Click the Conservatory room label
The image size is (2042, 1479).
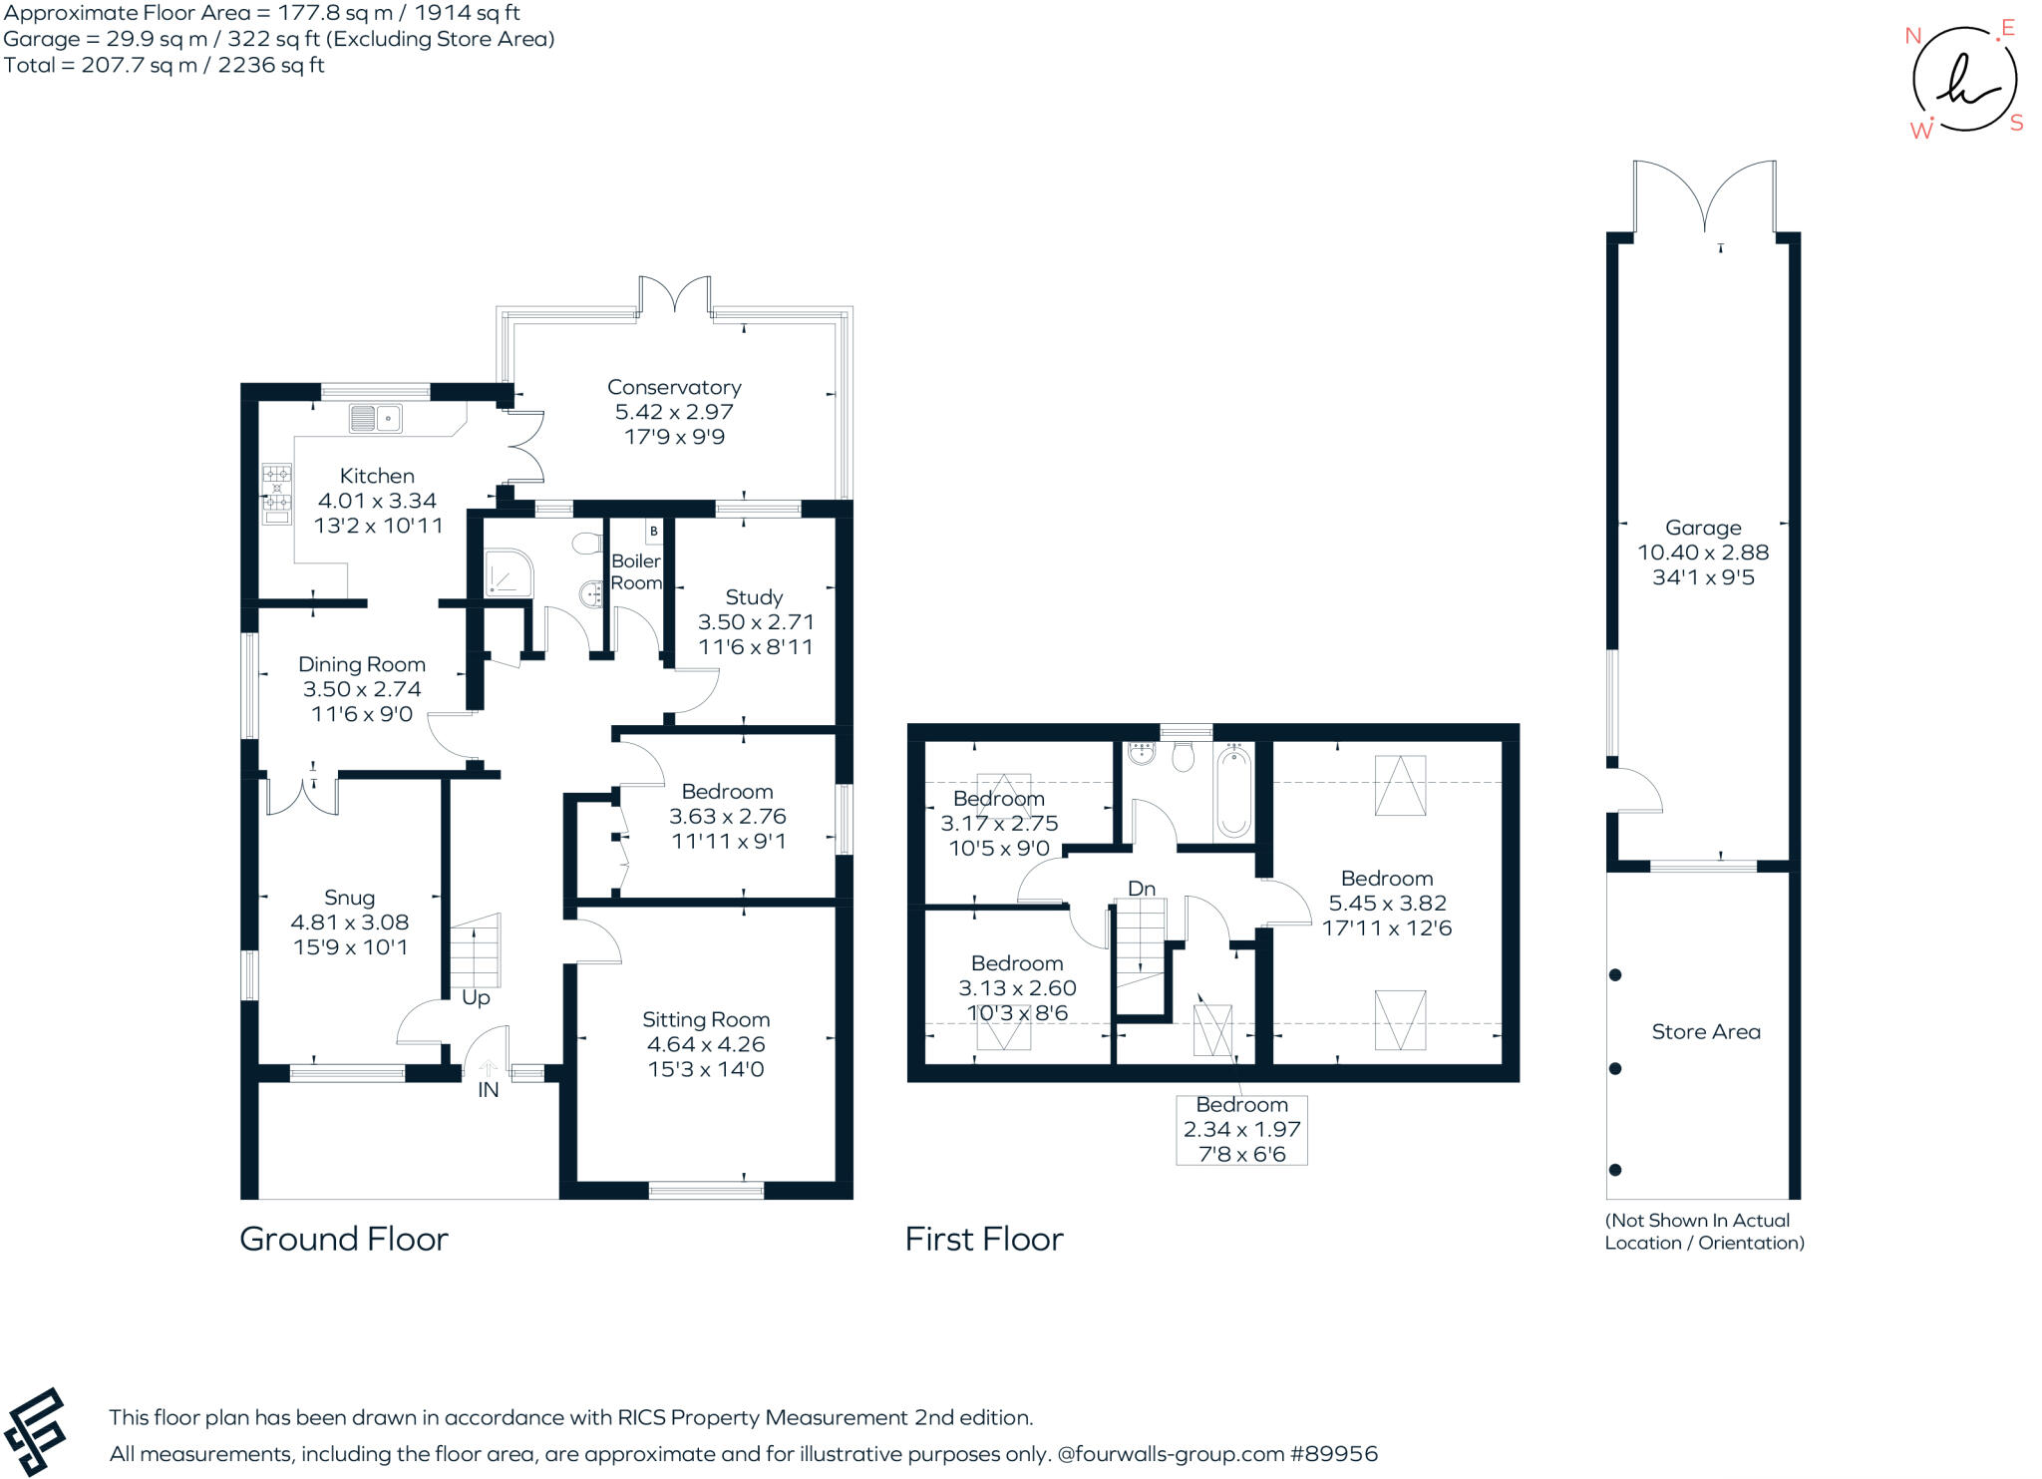pyautogui.click(x=674, y=387)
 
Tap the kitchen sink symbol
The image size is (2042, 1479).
pyautogui.click(x=376, y=419)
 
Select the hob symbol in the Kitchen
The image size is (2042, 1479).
pyautogui.click(x=276, y=494)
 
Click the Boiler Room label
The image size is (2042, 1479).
pyautogui.click(x=636, y=571)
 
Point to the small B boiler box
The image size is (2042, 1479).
pyautogui.click(x=653, y=532)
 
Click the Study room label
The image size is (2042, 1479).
pyautogui.click(x=754, y=597)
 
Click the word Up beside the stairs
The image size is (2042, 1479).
pyautogui.click(x=476, y=998)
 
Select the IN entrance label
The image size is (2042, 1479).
pyautogui.click(x=488, y=1090)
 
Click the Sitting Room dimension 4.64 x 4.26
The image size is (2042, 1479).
pyautogui.click(x=706, y=1044)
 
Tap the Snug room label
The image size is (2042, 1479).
pyautogui.click(x=349, y=898)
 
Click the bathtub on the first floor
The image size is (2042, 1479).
pyautogui.click(x=1233, y=792)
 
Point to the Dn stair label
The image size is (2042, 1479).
pyautogui.click(x=1142, y=889)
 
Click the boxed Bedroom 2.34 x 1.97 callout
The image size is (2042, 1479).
pyautogui.click(x=1241, y=1130)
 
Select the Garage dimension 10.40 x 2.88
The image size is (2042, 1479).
pyautogui.click(x=1703, y=553)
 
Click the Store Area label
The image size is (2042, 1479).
pyautogui.click(x=1706, y=1032)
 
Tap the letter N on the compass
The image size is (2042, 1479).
pyautogui.click(x=1912, y=37)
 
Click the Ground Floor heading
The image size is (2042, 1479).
pyautogui.click(x=344, y=1239)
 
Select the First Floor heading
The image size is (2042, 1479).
pyautogui.click(x=984, y=1239)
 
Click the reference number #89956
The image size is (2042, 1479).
pyautogui.click(x=1334, y=1454)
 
